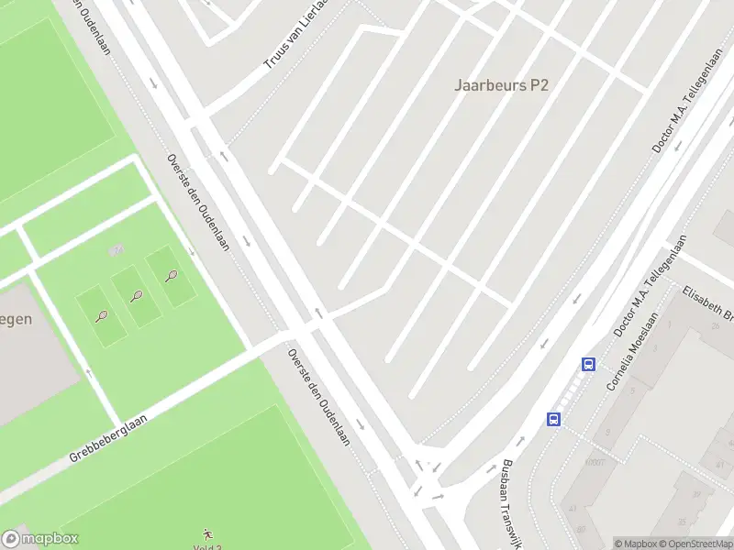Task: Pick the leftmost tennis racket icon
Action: (101, 316)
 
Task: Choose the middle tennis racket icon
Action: (137, 295)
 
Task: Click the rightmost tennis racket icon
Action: (172, 275)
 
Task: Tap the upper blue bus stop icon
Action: (588, 364)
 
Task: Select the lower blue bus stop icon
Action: (554, 419)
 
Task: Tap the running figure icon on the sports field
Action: (207, 533)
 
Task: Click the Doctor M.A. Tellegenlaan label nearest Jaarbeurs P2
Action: (680, 116)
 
